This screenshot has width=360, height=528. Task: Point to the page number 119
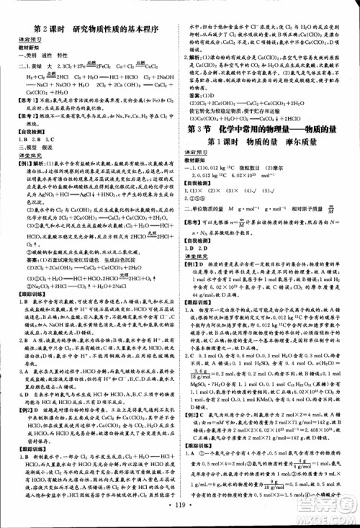pos(180,518)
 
